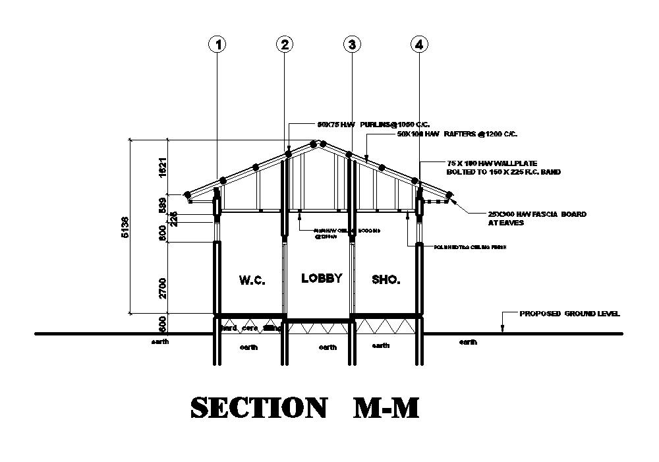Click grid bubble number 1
(217, 44)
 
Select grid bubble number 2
(284, 44)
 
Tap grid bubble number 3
(352, 44)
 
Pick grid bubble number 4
(419, 44)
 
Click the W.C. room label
(252, 280)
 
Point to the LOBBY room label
(322, 278)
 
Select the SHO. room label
(386, 280)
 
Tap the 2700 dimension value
(162, 287)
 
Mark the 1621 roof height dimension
(162, 167)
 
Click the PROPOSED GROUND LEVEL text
(569, 314)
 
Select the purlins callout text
(364, 124)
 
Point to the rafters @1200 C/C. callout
(457, 134)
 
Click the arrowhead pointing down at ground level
(502, 328)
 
